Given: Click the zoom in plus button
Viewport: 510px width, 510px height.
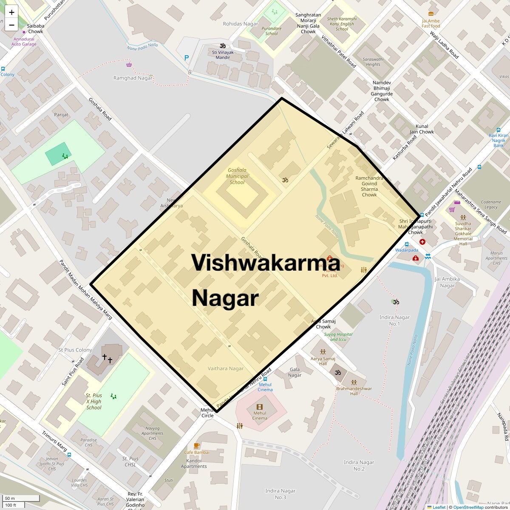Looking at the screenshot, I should pos(11,12).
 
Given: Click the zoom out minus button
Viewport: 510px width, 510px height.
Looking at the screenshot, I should pos(11,25).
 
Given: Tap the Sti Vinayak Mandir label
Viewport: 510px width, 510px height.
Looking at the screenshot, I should pos(223,55).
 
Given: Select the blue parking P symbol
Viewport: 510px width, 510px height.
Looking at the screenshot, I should pos(187,58).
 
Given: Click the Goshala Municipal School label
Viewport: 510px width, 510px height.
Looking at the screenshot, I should pos(237,176).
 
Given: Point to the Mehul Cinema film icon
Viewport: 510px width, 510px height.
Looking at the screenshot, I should pos(260,407).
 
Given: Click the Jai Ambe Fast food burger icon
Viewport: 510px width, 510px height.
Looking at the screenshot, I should pos(431,14).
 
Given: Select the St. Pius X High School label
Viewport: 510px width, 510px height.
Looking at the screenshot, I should pos(94,402).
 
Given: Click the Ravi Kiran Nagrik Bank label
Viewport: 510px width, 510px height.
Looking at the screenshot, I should pos(499,140).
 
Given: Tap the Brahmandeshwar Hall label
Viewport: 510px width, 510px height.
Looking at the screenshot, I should pos(354,391).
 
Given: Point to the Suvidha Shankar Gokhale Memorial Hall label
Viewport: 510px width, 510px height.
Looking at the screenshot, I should pos(463,234).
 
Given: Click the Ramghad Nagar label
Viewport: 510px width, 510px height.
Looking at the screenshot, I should pos(133,78).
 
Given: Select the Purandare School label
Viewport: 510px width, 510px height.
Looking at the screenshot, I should pos(271,31).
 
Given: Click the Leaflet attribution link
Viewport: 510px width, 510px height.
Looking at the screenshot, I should pos(439,507).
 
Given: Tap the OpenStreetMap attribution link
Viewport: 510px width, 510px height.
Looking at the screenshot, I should pos(468,507).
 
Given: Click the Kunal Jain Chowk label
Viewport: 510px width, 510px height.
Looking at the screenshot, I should pos(422,129).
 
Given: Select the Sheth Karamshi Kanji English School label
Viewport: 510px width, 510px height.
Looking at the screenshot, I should pos(342,24).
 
